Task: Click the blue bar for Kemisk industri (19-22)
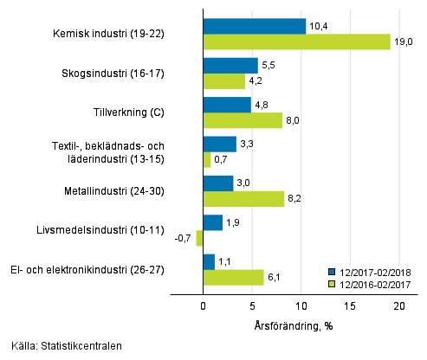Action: point(254,26)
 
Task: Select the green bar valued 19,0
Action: point(296,42)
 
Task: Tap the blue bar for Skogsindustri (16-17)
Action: point(230,66)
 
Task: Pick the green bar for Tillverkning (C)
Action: point(242,120)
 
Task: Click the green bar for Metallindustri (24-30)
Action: point(243,199)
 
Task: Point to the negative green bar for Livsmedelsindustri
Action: point(199,238)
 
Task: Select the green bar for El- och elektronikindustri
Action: point(232,277)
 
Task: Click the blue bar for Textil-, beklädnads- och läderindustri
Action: point(218,144)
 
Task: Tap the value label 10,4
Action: point(319,26)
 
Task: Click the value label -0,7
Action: point(183,238)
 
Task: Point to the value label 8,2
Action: point(294,199)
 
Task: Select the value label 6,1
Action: point(273,277)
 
